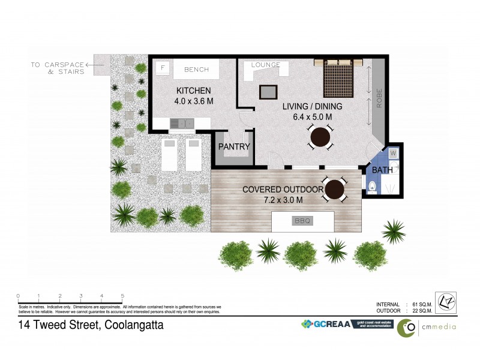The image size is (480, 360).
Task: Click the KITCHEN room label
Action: pyautogui.click(x=194, y=91)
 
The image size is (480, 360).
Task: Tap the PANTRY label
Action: pyautogui.click(x=234, y=146)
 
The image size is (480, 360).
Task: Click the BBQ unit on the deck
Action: pyautogui.click(x=302, y=221)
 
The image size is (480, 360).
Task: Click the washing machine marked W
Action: pyautogui.click(x=393, y=154)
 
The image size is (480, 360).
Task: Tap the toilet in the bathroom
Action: pyautogui.click(x=372, y=188)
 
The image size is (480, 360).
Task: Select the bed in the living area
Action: pyautogui.click(x=341, y=79)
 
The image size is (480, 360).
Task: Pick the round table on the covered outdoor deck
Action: pyautogui.click(x=334, y=190)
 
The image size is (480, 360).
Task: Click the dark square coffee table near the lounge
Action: pyautogui.click(x=268, y=92)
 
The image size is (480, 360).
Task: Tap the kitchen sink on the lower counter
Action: pyautogui.click(x=181, y=124)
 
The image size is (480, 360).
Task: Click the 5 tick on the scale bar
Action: pyautogui.click(x=122, y=296)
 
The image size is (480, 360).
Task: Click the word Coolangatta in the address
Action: pyautogui.click(x=134, y=326)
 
